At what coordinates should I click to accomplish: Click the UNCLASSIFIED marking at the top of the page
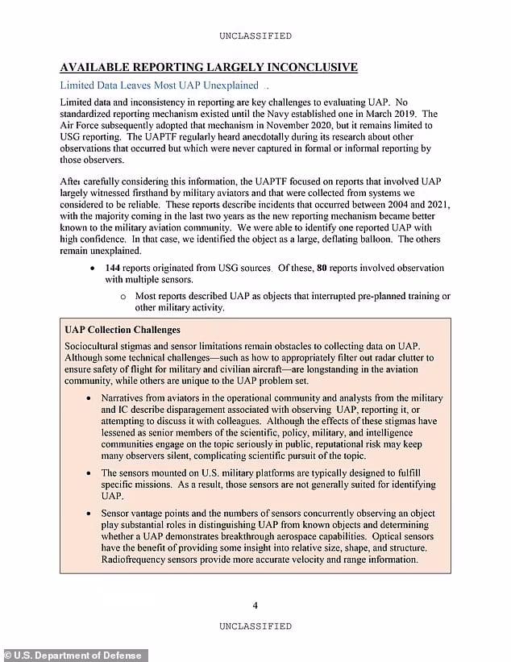[255, 35]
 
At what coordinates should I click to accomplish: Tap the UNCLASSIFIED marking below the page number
[255, 626]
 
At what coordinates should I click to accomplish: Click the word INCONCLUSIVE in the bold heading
[300, 67]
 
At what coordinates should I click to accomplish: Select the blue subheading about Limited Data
[160, 85]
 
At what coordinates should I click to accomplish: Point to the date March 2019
[390, 114]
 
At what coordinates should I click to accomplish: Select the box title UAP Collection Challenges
[122, 330]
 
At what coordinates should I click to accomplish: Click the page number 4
[255, 606]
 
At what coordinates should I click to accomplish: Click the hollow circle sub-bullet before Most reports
[123, 296]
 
